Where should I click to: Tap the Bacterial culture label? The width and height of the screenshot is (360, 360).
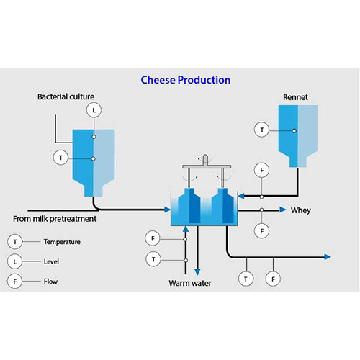click(x=66, y=96)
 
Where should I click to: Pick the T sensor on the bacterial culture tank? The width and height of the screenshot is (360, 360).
click(x=61, y=157)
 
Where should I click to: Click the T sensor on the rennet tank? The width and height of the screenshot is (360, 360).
click(x=262, y=130)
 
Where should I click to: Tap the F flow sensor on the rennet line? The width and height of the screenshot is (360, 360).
click(x=262, y=170)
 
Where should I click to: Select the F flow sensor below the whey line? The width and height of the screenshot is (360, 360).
click(x=262, y=231)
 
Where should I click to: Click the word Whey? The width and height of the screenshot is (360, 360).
click(x=300, y=211)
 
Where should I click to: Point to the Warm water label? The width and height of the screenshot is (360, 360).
click(x=191, y=282)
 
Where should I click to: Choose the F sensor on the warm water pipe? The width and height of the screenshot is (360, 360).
click(x=152, y=237)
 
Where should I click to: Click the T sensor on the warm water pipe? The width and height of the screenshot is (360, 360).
click(x=152, y=259)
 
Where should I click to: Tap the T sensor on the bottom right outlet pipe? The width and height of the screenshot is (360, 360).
click(x=246, y=277)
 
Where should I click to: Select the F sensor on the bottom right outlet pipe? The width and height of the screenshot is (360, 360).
click(x=273, y=277)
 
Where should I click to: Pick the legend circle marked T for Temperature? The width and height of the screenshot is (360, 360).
click(x=15, y=242)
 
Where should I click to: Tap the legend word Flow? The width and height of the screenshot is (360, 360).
click(x=50, y=281)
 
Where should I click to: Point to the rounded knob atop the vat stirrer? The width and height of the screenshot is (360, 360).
click(x=204, y=158)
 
